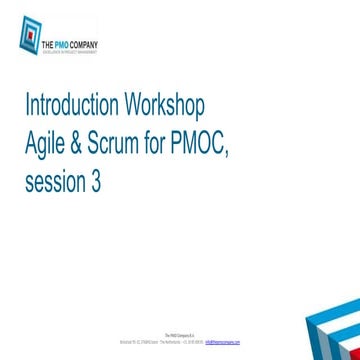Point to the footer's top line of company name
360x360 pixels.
[x=179, y=335]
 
